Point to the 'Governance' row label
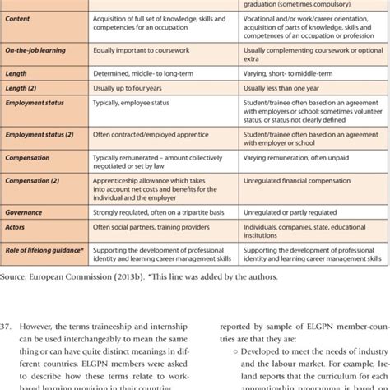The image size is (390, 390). tap(27, 210)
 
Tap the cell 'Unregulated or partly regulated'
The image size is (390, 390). tap(281, 210)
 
